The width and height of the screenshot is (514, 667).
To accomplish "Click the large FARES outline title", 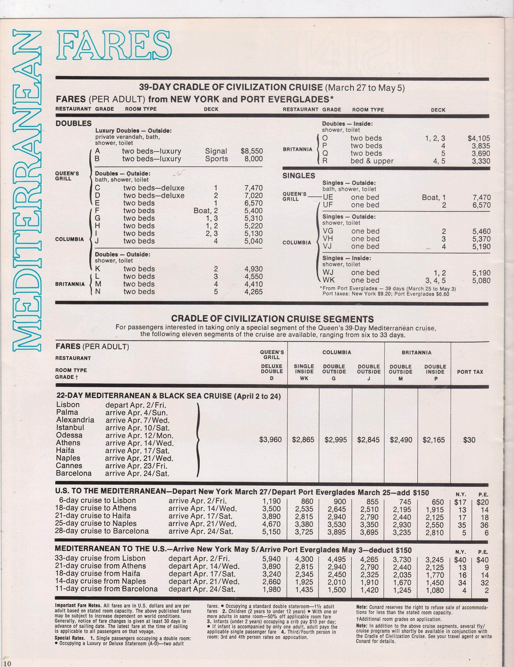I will (x=114, y=45).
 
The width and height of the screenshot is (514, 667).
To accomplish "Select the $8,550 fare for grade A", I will (x=251, y=151).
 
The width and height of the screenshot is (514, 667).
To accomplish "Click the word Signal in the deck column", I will (x=216, y=151).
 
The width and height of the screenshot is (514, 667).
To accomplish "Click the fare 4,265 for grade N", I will (x=254, y=292).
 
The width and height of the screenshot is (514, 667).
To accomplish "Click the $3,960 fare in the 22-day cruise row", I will (x=270, y=440).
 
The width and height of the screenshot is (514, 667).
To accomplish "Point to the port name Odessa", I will (x=69, y=435).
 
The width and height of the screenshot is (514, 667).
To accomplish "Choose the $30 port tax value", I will (x=469, y=440).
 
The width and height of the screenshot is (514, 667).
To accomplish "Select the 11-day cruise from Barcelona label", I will (x=106, y=589).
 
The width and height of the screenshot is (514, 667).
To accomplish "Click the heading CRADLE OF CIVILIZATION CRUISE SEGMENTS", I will (x=272, y=319).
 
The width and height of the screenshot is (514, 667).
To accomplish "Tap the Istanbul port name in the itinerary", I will (x=70, y=428).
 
